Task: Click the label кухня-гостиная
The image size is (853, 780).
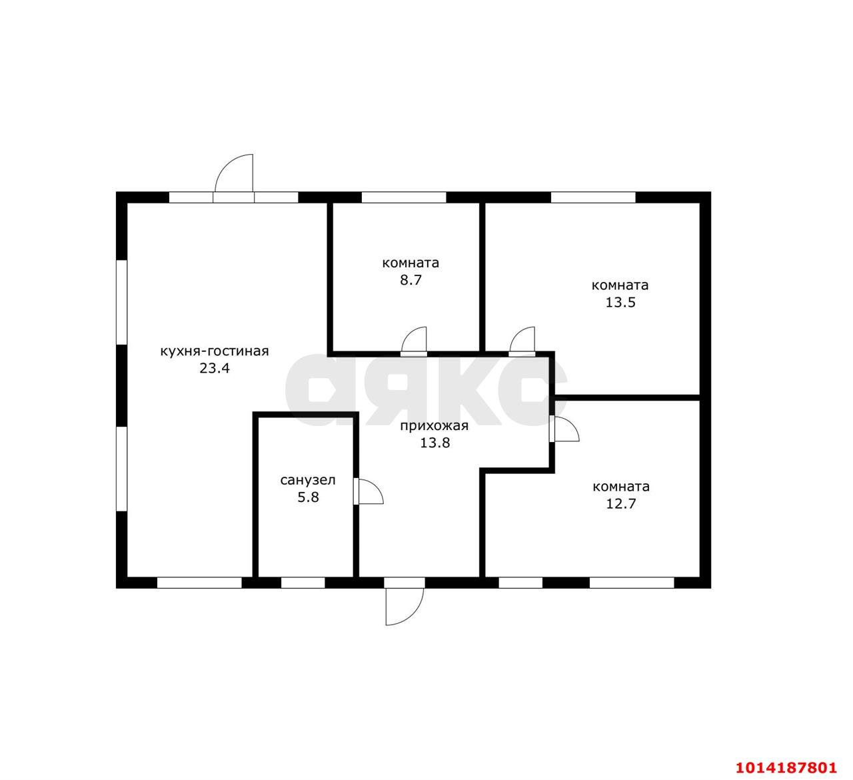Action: (x=215, y=352)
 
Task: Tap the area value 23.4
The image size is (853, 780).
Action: (x=215, y=369)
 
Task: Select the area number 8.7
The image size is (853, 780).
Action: (x=411, y=281)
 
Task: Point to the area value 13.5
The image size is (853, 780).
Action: (x=620, y=303)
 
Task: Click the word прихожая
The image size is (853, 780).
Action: (x=434, y=427)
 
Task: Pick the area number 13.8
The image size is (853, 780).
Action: (x=434, y=443)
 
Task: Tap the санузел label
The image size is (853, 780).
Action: (x=308, y=481)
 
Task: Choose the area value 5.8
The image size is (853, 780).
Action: (x=308, y=497)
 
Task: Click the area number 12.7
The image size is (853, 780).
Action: (x=621, y=504)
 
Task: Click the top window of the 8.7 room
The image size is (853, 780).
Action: (x=404, y=197)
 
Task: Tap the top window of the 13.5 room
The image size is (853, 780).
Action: (x=593, y=197)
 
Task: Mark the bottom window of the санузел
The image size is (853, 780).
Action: (x=303, y=583)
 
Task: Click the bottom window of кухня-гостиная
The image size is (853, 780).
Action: (x=199, y=583)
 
